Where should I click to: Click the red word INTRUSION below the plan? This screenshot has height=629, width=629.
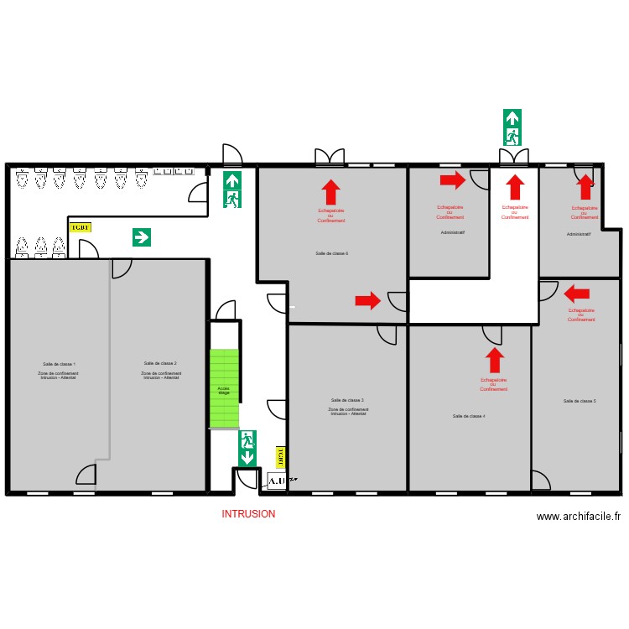tap(248, 514)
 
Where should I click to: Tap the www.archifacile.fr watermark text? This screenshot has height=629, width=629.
tap(579, 517)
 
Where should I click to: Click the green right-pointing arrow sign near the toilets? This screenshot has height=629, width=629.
tap(142, 237)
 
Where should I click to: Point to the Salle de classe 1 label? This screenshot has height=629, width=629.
tap(59, 364)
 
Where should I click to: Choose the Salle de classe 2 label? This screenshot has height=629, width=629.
tap(159, 363)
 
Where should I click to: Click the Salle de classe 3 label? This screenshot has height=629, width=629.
tap(347, 400)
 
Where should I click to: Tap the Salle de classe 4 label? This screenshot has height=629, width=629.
tap(469, 416)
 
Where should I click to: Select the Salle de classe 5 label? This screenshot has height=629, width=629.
tap(580, 401)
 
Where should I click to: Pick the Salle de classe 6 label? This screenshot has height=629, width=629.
tap(332, 253)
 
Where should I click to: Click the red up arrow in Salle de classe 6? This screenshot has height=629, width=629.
tap(331, 192)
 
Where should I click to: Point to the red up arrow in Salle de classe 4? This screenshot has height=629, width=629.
tap(495, 361)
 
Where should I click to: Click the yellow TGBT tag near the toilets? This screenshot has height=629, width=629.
tap(80, 226)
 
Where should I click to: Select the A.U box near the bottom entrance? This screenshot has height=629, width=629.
tap(277, 481)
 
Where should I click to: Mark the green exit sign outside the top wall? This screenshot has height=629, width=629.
tap(512, 127)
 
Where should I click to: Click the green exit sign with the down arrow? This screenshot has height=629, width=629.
tap(247, 449)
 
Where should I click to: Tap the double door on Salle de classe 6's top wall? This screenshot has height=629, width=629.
tap(330, 156)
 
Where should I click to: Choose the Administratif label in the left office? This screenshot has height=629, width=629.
tap(452, 232)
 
